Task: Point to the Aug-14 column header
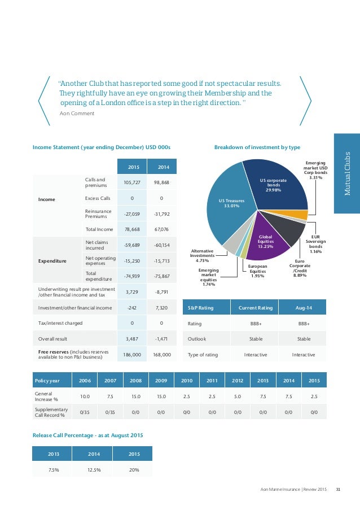coord(304,308)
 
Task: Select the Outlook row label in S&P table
coord(197,339)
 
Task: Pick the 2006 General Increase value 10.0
coord(85,396)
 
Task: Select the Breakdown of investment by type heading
coord(257,147)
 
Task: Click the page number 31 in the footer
coord(338,489)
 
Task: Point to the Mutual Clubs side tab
coord(346,173)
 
